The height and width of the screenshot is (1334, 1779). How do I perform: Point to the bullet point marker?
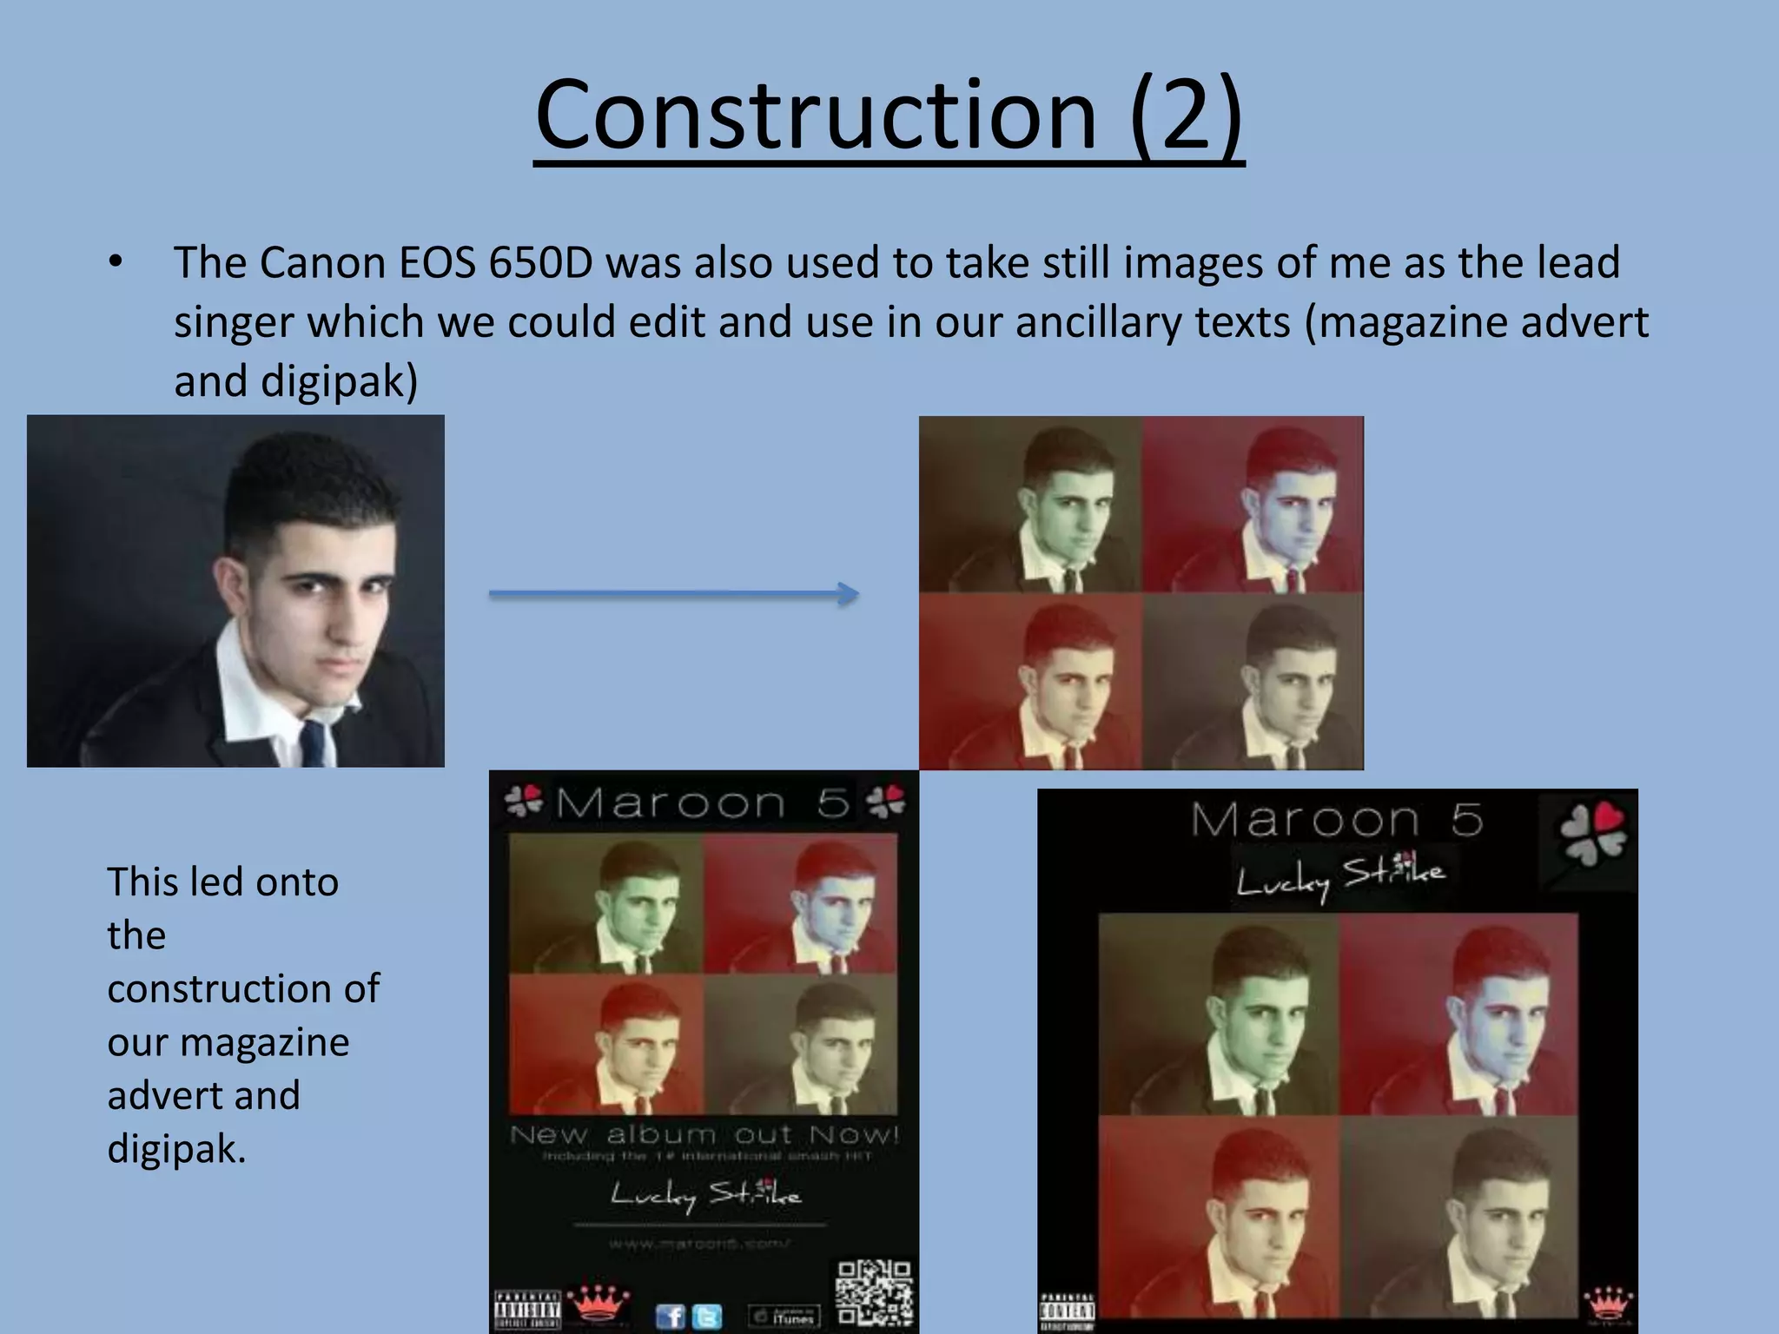tap(116, 261)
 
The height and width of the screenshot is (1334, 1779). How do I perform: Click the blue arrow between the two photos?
tap(673, 595)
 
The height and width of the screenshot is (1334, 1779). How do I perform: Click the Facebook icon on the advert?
tap(670, 1317)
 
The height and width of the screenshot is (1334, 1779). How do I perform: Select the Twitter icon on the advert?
tap(707, 1317)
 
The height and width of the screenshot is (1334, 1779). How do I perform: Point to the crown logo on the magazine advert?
tap(597, 1303)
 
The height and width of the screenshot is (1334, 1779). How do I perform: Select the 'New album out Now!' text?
tap(704, 1134)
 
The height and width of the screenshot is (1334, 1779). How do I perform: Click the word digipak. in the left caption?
tap(176, 1149)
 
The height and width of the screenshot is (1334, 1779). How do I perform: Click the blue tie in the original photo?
tap(314, 741)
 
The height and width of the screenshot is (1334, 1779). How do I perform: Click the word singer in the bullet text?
tap(234, 322)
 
